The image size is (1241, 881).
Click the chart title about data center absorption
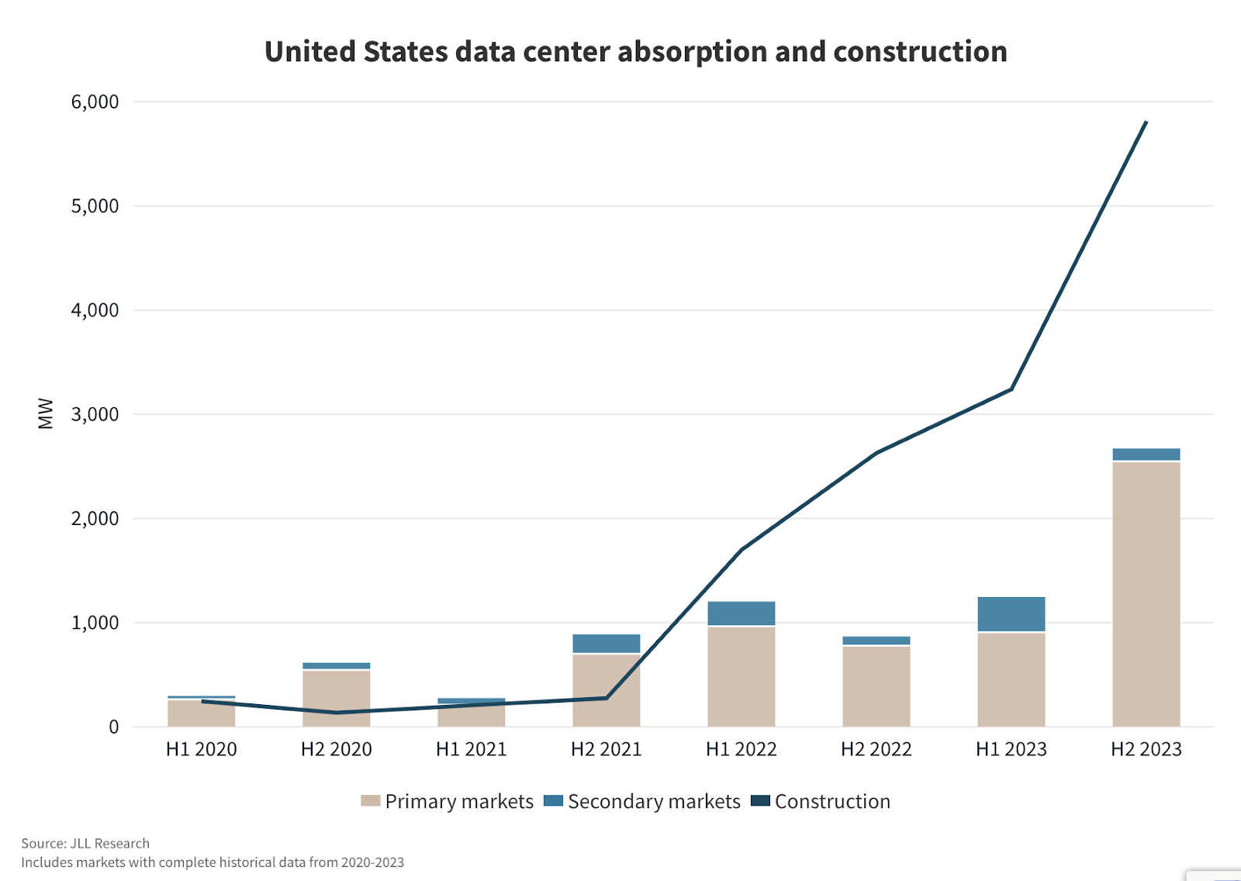click(x=635, y=52)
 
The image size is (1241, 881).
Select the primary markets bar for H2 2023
click(x=1146, y=593)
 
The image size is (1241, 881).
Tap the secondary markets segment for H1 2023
click(x=1011, y=614)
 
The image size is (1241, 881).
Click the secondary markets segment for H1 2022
click(x=741, y=613)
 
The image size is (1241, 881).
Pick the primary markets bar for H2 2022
click(x=876, y=686)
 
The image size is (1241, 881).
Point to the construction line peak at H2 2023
click(x=1146, y=123)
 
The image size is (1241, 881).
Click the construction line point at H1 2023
click(x=1011, y=389)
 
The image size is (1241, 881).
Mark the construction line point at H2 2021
click(x=606, y=698)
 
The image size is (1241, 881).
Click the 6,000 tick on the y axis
click(x=95, y=102)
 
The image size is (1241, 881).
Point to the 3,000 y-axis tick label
click(x=95, y=414)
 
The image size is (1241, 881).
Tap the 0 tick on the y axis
click(x=113, y=727)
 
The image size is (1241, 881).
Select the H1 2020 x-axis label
click(x=201, y=749)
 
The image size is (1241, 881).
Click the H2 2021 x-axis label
click(x=606, y=749)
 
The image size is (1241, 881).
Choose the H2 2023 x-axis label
click(x=1146, y=749)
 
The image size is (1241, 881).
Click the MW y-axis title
click(x=46, y=414)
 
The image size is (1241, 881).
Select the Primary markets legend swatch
click(x=370, y=801)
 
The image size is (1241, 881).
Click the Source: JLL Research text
click(x=85, y=843)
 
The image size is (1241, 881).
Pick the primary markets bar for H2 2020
click(x=336, y=698)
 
